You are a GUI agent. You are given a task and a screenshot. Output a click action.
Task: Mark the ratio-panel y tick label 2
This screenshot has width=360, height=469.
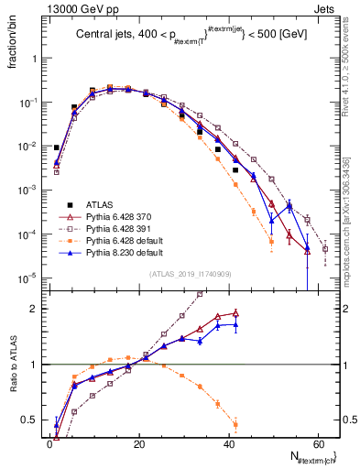tap(32, 309)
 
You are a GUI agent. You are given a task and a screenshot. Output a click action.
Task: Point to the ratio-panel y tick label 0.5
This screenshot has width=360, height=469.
tap(28, 420)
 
